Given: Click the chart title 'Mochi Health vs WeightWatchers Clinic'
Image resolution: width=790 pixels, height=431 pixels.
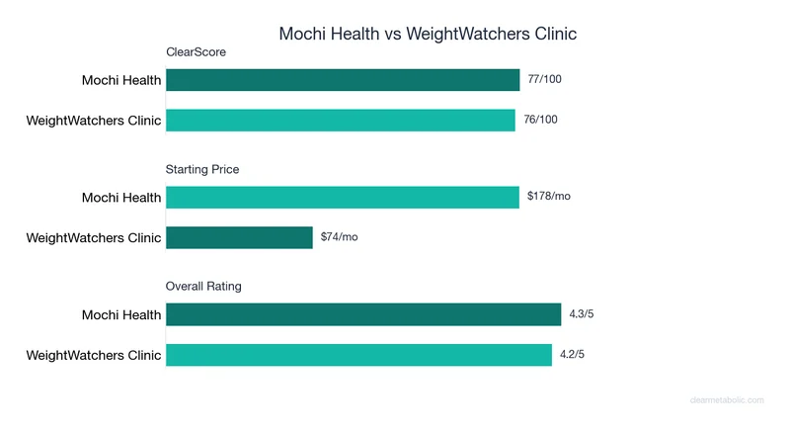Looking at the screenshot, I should point(428,34).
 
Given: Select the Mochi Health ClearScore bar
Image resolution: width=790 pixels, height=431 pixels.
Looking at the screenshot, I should point(343,80).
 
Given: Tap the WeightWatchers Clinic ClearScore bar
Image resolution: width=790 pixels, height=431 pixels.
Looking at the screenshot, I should point(341,121).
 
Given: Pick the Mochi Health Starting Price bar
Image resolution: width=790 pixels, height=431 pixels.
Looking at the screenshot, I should point(343,197).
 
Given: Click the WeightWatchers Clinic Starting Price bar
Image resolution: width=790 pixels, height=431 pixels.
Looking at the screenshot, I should point(239,237).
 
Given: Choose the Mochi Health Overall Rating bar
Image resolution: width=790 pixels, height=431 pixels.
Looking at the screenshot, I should point(363,314).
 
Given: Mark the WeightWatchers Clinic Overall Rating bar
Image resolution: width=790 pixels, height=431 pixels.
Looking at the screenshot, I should point(358,355).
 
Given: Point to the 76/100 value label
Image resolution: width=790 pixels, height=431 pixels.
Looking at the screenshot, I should point(540,121).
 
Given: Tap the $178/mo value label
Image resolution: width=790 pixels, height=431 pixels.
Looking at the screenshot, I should point(548,197).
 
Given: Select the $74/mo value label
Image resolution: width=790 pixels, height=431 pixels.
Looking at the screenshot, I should point(340,237).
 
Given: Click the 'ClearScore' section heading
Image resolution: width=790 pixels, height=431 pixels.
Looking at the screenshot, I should point(196,52).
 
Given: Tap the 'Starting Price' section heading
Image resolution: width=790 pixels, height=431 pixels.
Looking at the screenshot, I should point(201,169).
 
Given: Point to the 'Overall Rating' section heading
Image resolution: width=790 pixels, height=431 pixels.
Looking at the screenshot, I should point(203,287).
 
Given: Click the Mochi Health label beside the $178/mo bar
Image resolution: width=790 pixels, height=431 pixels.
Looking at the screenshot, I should point(120,198).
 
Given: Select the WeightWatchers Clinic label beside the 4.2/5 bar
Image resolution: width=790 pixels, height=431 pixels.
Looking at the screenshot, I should point(93,355).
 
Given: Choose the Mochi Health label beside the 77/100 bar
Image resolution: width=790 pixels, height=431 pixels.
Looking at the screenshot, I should point(120,81).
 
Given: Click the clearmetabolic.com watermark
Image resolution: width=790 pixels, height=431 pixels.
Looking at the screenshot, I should point(726,400).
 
